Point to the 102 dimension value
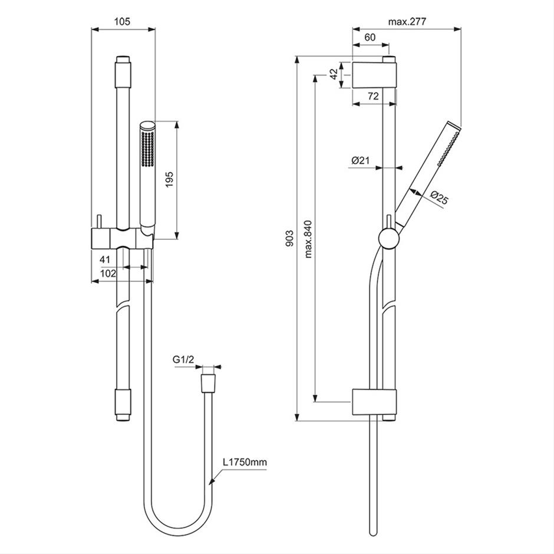(107, 273)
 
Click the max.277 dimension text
(407, 22)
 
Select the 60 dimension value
(370, 37)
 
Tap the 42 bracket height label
(334, 74)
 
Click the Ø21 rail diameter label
(360, 160)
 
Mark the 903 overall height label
(288, 239)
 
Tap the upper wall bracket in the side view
(374, 74)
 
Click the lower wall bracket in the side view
(374, 403)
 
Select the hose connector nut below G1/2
(207, 382)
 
